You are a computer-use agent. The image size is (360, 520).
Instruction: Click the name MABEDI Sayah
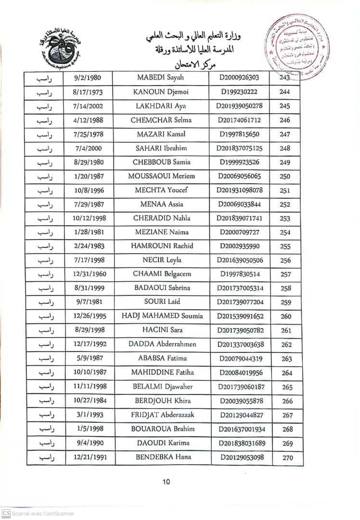click(160, 78)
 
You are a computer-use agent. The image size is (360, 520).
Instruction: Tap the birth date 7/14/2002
click(89, 106)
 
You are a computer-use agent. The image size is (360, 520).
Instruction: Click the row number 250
click(285, 177)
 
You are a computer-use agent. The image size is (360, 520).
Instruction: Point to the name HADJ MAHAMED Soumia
click(166, 316)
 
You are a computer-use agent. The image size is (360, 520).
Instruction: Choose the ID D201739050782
click(241, 331)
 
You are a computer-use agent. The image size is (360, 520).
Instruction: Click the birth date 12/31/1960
click(90, 274)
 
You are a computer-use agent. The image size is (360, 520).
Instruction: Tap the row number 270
click(287, 458)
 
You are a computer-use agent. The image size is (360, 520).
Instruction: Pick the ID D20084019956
click(241, 373)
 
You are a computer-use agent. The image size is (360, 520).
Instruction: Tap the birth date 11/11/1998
click(90, 387)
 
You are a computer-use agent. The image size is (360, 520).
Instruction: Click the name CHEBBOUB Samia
click(162, 162)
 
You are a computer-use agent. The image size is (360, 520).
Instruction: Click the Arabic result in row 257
click(45, 274)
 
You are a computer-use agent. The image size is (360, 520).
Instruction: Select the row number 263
click(287, 359)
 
